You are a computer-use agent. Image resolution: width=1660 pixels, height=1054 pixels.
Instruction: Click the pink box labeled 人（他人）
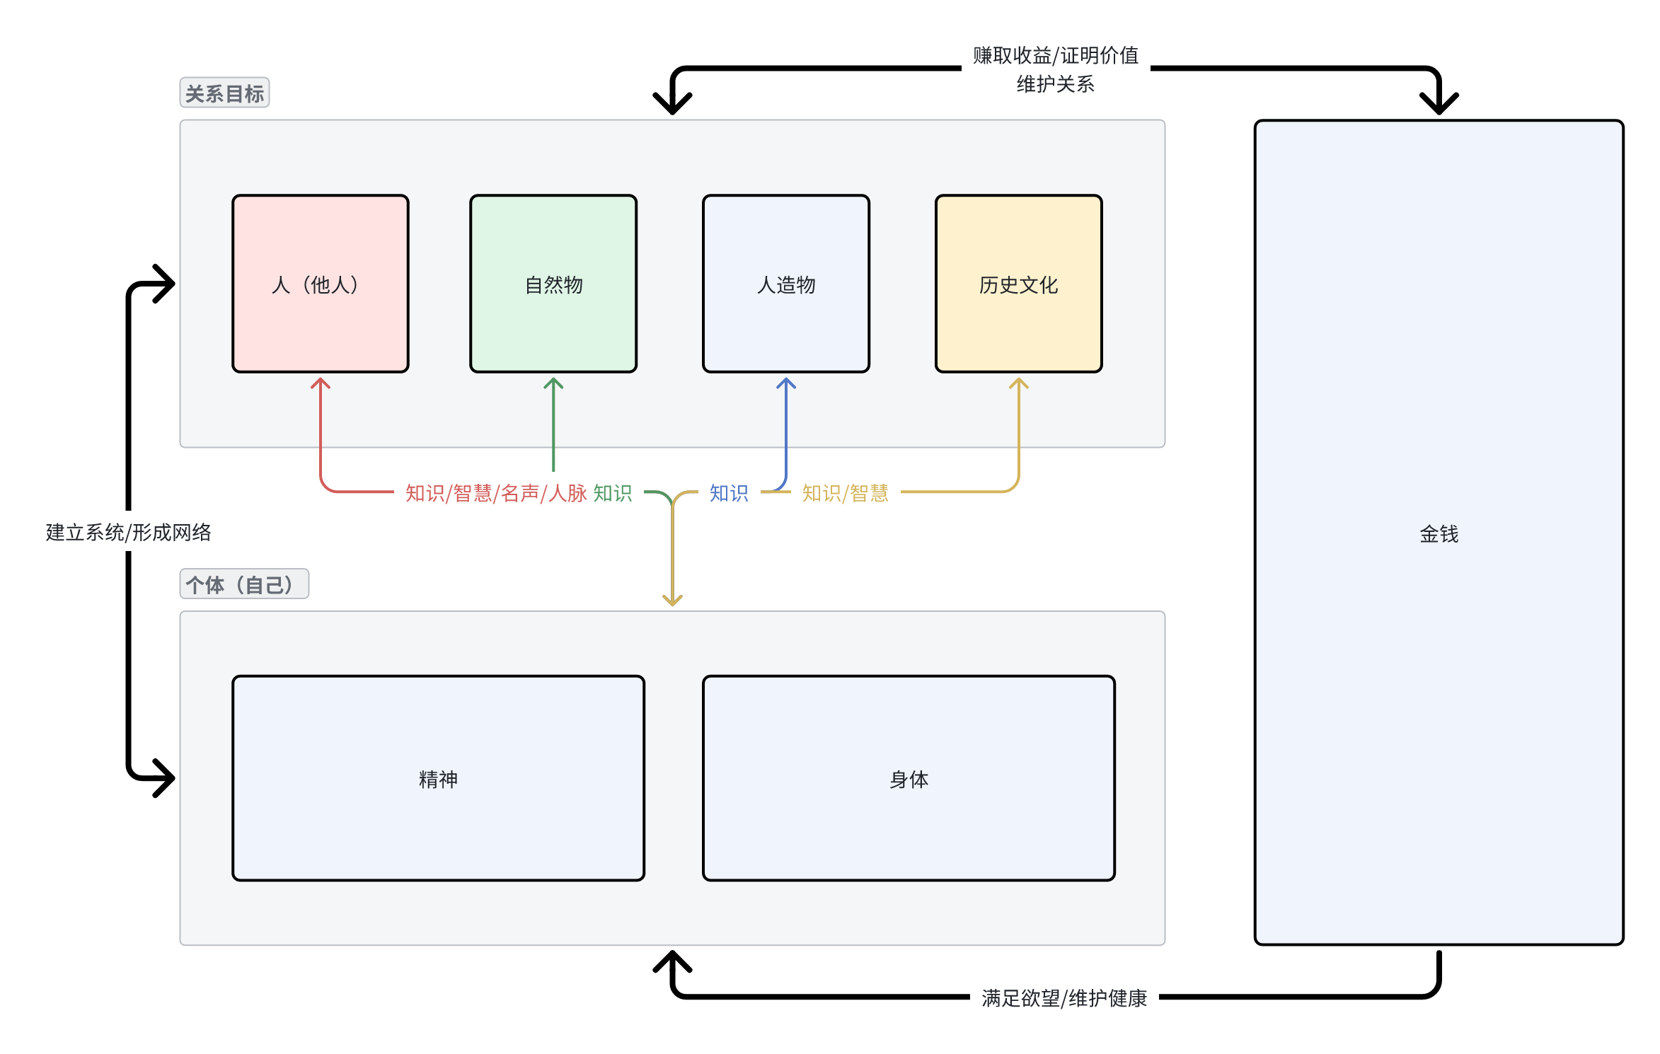pos(321,284)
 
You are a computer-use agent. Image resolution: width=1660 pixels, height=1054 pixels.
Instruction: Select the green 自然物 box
pos(553,284)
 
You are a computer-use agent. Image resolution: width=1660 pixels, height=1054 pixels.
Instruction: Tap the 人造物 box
pos(785,284)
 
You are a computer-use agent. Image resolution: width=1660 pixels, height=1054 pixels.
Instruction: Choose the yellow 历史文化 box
pos(1018,284)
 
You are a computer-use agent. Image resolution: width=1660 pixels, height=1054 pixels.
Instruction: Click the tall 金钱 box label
pos(1439,533)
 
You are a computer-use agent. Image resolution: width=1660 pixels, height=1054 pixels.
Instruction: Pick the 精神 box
pos(438,779)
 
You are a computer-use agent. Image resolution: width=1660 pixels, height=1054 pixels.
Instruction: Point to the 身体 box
pos(909,779)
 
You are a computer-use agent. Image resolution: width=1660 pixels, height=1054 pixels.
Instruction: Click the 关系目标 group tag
pos(224,93)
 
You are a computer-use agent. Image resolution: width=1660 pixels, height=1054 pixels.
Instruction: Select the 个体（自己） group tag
pos(243,584)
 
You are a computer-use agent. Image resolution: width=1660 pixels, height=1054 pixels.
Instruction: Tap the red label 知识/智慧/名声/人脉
pos(496,493)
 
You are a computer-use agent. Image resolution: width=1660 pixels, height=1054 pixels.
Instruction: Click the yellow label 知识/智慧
pos(845,493)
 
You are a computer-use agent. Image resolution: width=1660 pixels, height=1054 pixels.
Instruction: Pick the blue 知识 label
pos(729,493)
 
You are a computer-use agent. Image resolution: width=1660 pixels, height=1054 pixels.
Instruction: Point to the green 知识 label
pos(613,493)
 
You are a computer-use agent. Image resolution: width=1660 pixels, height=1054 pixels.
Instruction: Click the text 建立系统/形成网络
pos(128,532)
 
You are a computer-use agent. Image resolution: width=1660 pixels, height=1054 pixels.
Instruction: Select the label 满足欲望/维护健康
pos(1064,997)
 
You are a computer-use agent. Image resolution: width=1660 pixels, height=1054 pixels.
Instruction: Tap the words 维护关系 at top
pos(1055,84)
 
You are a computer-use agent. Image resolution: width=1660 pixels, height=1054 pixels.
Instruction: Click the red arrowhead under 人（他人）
pos(321,383)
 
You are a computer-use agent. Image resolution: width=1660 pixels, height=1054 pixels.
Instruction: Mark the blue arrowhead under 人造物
pos(785,383)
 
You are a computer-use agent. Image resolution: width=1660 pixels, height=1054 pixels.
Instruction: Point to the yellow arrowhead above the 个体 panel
pos(672,601)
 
